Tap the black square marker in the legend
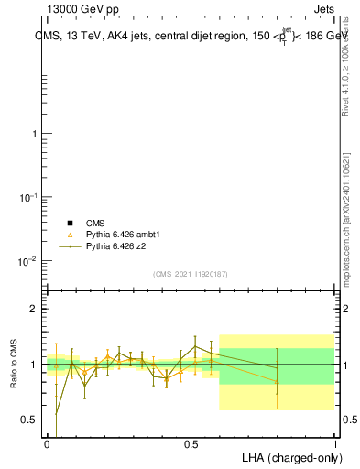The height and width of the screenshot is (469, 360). coord(69,223)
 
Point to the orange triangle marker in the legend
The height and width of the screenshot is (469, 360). coord(69,234)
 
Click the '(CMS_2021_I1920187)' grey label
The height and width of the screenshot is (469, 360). coord(190,273)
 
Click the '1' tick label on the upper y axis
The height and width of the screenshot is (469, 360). coord(35,134)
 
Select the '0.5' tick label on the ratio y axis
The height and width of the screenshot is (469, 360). coord(31,420)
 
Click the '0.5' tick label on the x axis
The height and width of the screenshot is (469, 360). coord(191,443)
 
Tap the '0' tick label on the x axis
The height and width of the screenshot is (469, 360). coord(47,443)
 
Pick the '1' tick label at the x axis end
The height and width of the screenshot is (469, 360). coord(334,443)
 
